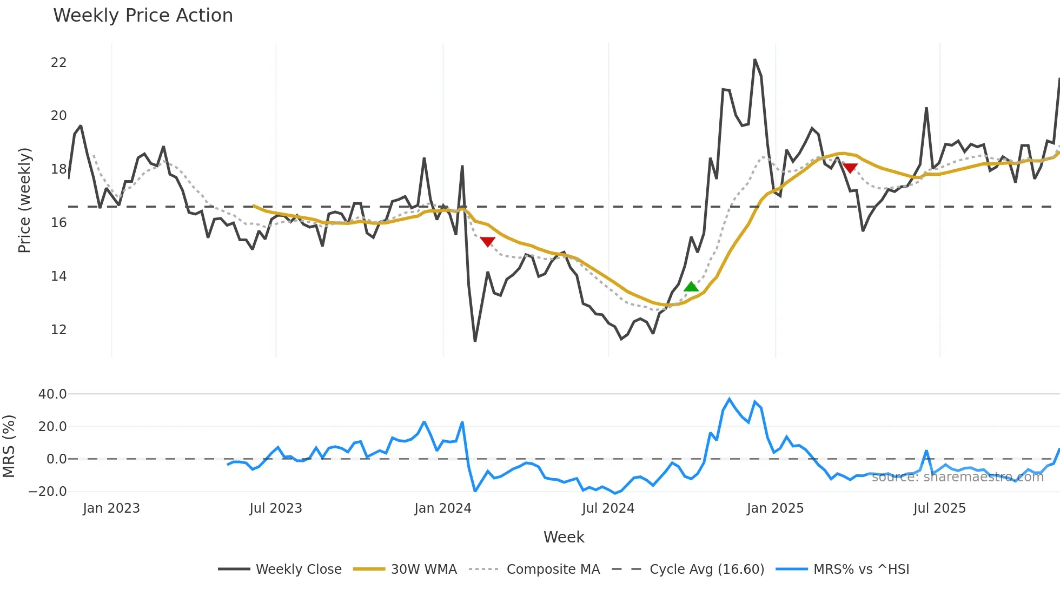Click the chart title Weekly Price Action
[x=143, y=16]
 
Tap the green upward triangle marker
[x=691, y=287]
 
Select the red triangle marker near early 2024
[x=487, y=242]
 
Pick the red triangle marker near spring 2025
[x=850, y=168]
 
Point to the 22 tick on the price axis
[x=58, y=63]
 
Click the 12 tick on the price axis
[x=58, y=329]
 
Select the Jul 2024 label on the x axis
[x=608, y=508]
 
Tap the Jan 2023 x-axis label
[x=111, y=508]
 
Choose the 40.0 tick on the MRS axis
[x=52, y=394]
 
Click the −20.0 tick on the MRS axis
[x=48, y=492]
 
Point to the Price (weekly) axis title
[x=24, y=200]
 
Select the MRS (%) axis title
[x=9, y=446]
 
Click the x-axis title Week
[x=564, y=537]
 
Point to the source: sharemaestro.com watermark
[x=957, y=477]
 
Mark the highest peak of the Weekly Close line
[x=755, y=59]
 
